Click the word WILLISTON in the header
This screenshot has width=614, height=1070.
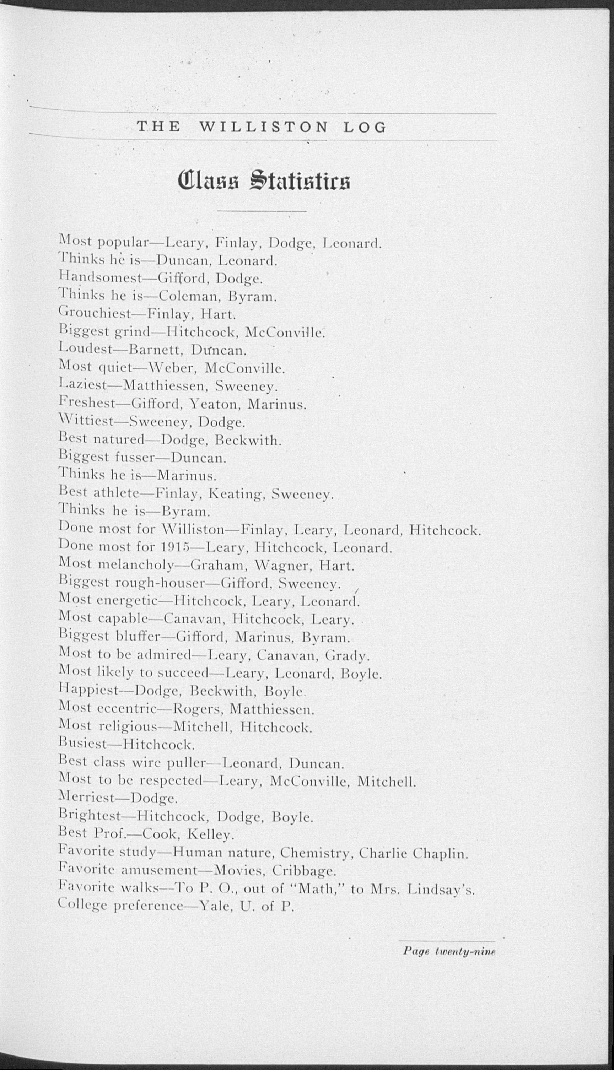[x=263, y=127]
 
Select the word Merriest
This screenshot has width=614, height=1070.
[x=87, y=798]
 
